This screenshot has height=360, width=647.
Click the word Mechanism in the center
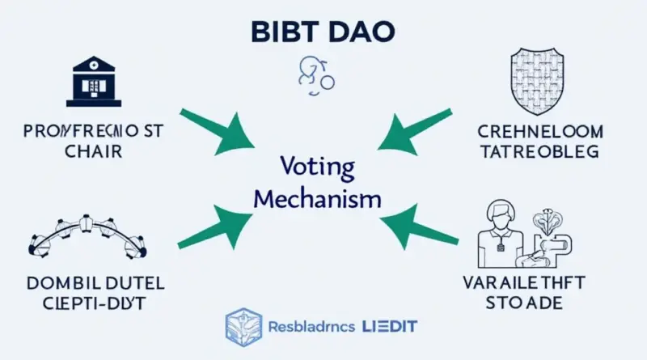click(322, 198)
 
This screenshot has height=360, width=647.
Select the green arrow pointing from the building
click(212, 132)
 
